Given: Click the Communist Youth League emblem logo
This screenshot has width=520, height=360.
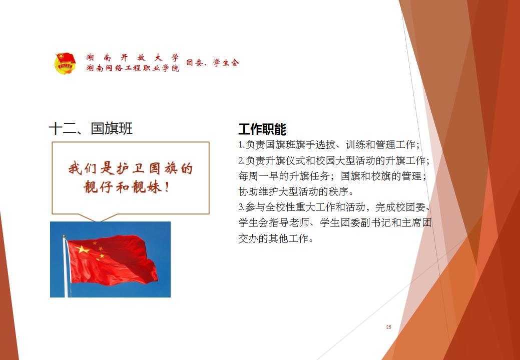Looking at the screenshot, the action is [x=65, y=63].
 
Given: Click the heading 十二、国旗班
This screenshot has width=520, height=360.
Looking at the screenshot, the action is [x=91, y=128].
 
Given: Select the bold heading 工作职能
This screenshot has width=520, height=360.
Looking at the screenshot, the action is [x=262, y=129].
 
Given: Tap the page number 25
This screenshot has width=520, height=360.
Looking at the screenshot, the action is [x=389, y=327].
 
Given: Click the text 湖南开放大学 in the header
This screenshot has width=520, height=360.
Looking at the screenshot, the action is [x=133, y=57].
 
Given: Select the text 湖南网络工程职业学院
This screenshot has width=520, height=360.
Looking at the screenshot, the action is [x=133, y=68].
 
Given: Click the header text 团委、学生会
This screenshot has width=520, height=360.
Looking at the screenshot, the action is [x=213, y=62].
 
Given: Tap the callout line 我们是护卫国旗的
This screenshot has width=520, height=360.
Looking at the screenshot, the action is [x=130, y=168].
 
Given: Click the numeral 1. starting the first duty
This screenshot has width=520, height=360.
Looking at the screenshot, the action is [x=241, y=144].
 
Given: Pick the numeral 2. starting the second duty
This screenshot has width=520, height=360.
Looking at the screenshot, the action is [x=241, y=160].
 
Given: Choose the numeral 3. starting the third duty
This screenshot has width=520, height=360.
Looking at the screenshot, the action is [x=241, y=207].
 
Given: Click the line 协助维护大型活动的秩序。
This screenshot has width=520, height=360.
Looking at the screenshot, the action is [x=296, y=192].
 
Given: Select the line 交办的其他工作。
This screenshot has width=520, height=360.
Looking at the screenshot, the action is [x=276, y=238].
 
